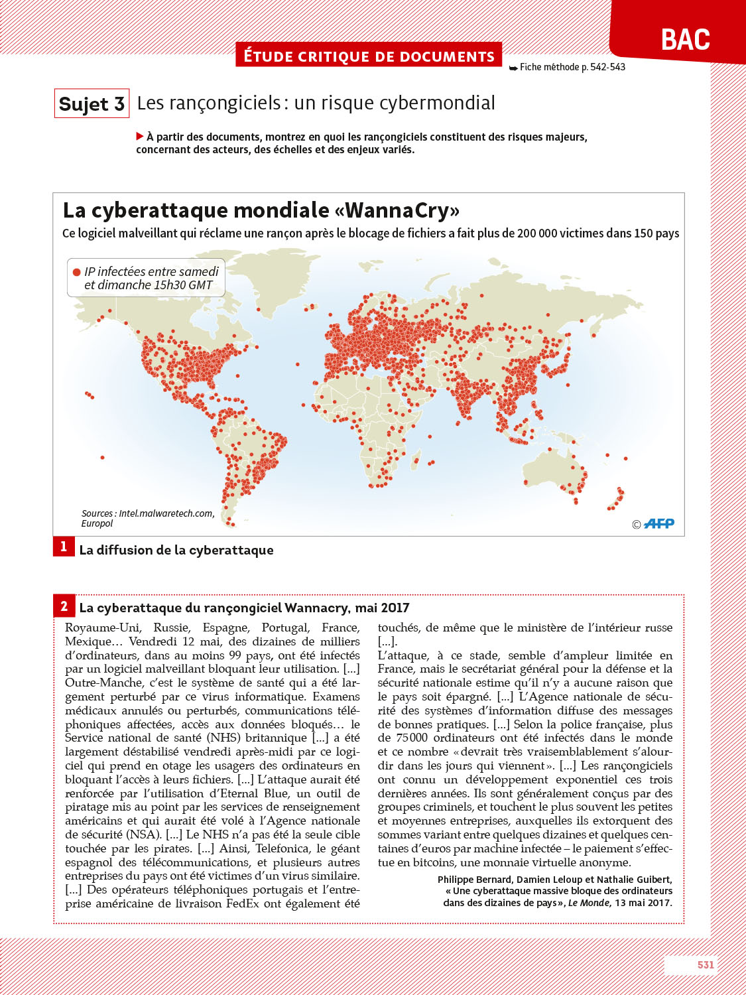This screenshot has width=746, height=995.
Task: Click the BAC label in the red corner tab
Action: click(x=685, y=40)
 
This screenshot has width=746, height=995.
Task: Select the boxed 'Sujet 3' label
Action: click(x=92, y=104)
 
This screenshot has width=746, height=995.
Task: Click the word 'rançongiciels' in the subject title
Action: click(x=209, y=103)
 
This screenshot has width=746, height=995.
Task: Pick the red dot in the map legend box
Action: click(x=77, y=272)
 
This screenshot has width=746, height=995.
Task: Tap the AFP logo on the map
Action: click(x=658, y=524)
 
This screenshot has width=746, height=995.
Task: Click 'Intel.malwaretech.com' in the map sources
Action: click(x=166, y=513)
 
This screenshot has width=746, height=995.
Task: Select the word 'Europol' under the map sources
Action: click(x=97, y=523)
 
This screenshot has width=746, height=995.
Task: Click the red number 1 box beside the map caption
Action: click(x=64, y=547)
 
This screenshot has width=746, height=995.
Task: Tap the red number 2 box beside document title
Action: click(x=64, y=606)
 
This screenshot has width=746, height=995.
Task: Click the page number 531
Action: click(x=706, y=964)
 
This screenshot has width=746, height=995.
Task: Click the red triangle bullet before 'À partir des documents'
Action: click(x=140, y=137)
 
